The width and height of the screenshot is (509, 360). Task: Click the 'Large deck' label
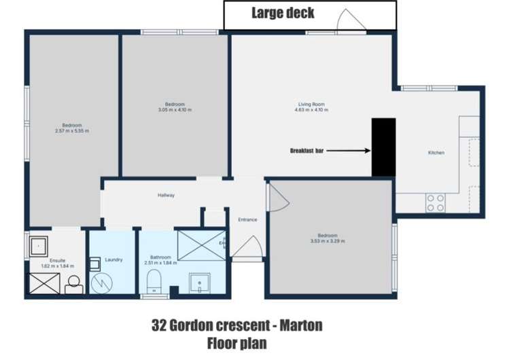[x=283, y=12]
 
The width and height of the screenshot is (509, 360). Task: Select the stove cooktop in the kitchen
[x=435, y=202]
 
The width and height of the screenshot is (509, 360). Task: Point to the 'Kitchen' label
[x=436, y=153]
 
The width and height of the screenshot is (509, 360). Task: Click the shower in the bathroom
[x=202, y=245]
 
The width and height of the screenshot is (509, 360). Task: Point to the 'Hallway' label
[x=166, y=196]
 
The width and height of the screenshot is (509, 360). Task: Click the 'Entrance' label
[x=247, y=219]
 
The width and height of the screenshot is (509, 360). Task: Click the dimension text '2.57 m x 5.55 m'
[x=72, y=130]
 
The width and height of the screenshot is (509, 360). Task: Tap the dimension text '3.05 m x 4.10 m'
[x=175, y=109]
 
